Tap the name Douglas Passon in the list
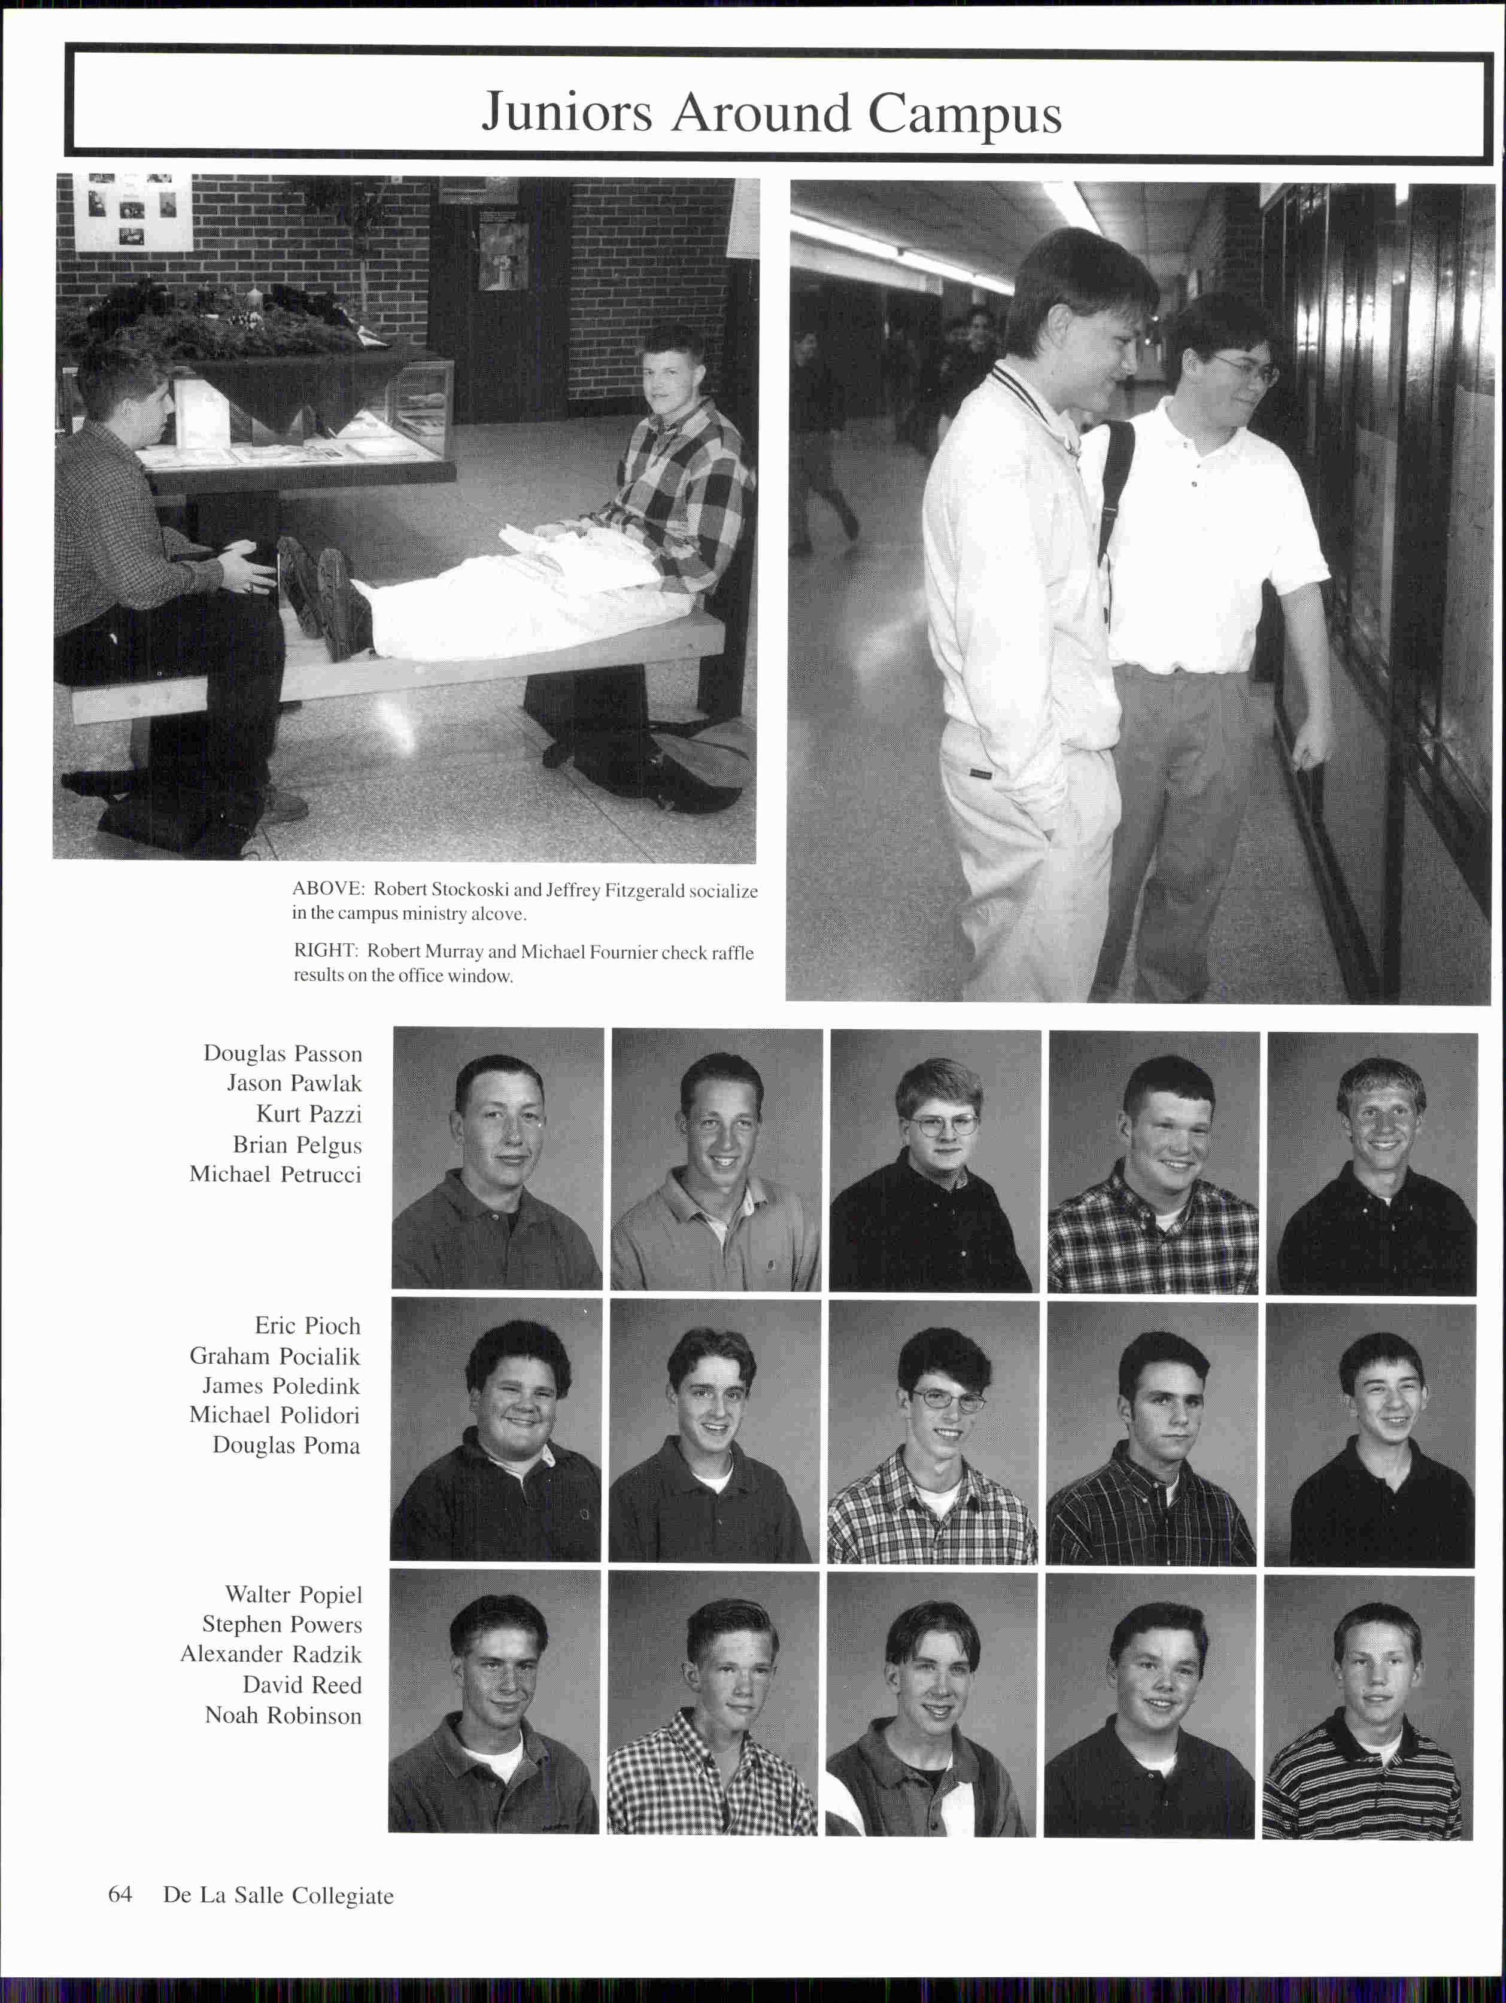[x=282, y=1053]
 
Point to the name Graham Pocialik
[x=274, y=1355]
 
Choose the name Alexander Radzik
[x=271, y=1654]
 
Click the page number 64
[x=120, y=1894]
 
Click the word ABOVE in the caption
[x=327, y=889]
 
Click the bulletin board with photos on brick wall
[x=133, y=212]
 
